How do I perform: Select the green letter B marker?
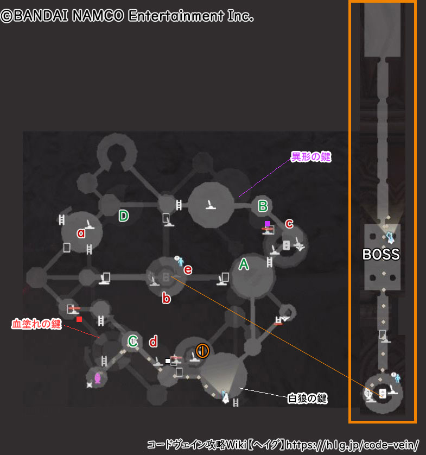tap(263, 206)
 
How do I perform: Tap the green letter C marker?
tap(133, 341)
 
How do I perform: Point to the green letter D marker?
tap(124, 216)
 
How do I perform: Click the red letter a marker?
tap(81, 233)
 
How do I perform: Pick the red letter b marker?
tap(167, 298)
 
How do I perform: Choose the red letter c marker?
tap(289, 223)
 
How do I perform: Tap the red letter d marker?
tap(154, 342)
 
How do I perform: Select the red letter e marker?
tap(188, 269)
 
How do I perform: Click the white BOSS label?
tap(381, 254)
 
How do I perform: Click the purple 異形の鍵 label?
tap(311, 157)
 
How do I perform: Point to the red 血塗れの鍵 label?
tap(36, 324)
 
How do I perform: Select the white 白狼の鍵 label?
tap(307, 399)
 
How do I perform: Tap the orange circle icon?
tap(202, 351)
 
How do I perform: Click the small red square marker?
tap(79, 319)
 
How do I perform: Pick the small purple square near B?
tap(267, 224)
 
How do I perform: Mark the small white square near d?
tap(168, 361)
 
